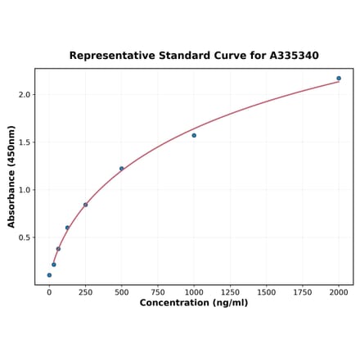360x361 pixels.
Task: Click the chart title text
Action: [x=194, y=56]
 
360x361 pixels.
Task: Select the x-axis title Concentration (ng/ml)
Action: [x=194, y=303]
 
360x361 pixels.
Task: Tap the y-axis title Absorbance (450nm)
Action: [x=11, y=177]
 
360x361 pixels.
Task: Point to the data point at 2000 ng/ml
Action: [x=339, y=79]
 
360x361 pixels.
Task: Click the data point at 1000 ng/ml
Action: [x=194, y=135]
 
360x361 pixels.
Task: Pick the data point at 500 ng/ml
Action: [x=122, y=169]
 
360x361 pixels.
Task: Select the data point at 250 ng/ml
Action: [x=85, y=205]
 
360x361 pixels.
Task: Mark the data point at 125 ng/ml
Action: [x=67, y=228]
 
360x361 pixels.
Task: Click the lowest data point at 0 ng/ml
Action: [x=49, y=275]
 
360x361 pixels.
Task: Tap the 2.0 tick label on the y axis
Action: [x=24, y=95]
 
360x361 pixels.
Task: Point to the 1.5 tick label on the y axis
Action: [x=24, y=142]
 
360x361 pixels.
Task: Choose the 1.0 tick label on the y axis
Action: [x=24, y=190]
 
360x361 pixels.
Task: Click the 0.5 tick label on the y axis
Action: [x=24, y=238]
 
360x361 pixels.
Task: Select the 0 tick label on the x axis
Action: [x=49, y=291]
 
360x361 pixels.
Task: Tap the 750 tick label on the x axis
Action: [x=158, y=291]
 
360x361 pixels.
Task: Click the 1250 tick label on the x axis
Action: [x=230, y=291]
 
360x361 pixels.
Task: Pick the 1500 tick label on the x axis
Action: [x=266, y=291]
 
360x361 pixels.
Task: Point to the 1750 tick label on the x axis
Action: [x=303, y=291]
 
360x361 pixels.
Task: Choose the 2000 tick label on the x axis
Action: [x=339, y=291]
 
